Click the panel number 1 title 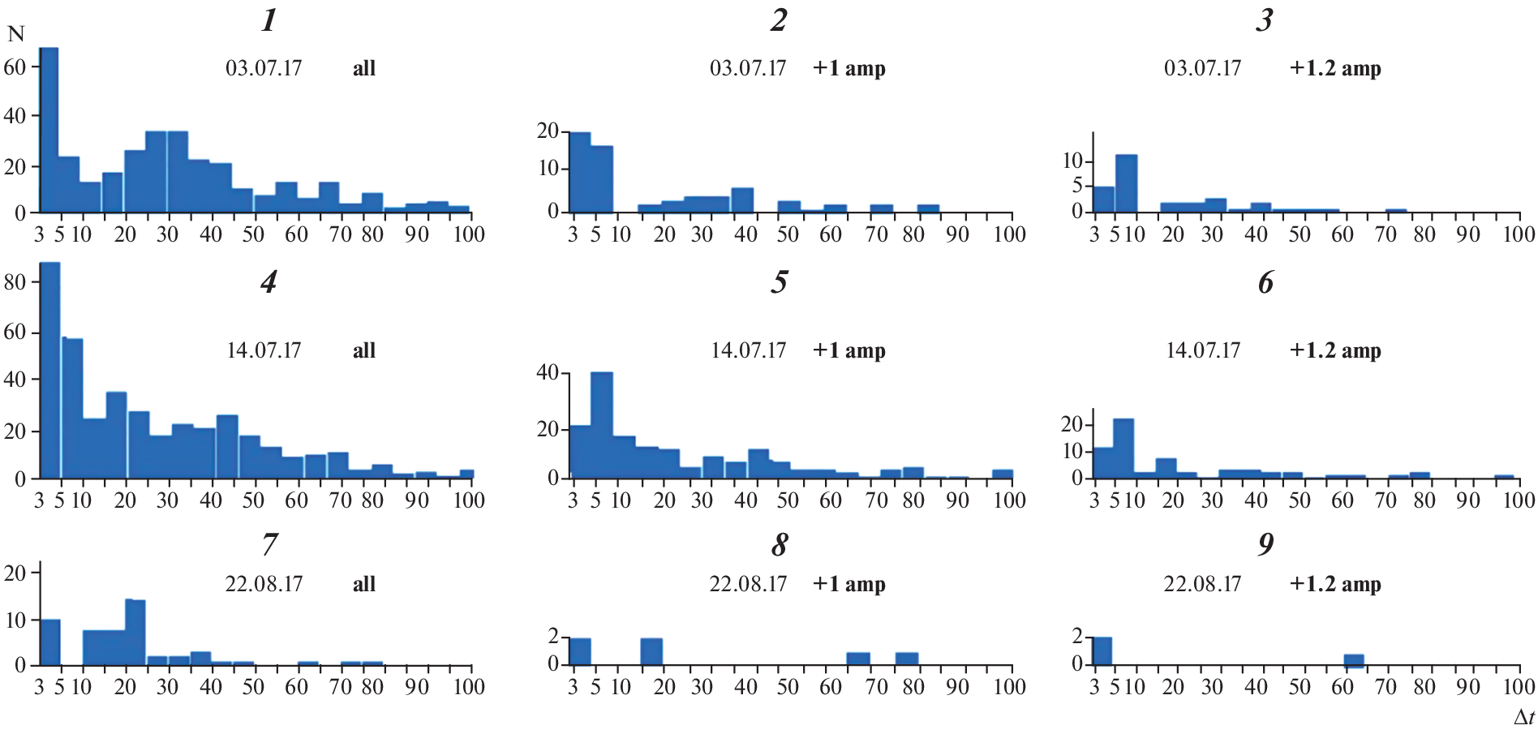tap(269, 19)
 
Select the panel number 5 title tap(780, 282)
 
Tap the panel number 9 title tap(1265, 544)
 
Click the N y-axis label tap(16, 34)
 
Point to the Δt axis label tap(1523, 717)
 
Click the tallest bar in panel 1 tap(49, 130)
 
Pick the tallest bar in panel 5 tap(602, 424)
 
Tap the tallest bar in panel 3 tap(1126, 183)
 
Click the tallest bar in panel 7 tap(135, 633)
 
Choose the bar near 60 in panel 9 tap(1354, 659)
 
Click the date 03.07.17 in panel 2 tap(748, 68)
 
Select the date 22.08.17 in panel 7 tap(264, 584)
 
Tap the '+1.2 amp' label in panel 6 tap(1335, 350)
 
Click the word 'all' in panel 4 tap(364, 350)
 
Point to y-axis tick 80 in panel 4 tap(15, 282)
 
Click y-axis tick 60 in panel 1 tap(15, 67)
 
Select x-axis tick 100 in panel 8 tap(1010, 687)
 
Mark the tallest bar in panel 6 tap(1123, 448)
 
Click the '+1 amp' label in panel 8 tap(848, 584)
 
